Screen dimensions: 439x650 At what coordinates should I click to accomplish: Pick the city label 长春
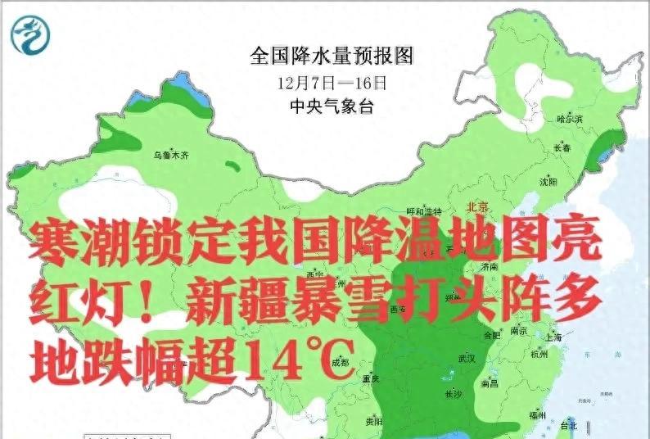click(562, 149)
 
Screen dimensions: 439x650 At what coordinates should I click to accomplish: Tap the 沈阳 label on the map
click(548, 181)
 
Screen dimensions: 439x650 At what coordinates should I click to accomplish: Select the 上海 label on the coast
click(553, 337)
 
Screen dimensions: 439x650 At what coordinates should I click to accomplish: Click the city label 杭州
click(539, 355)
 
